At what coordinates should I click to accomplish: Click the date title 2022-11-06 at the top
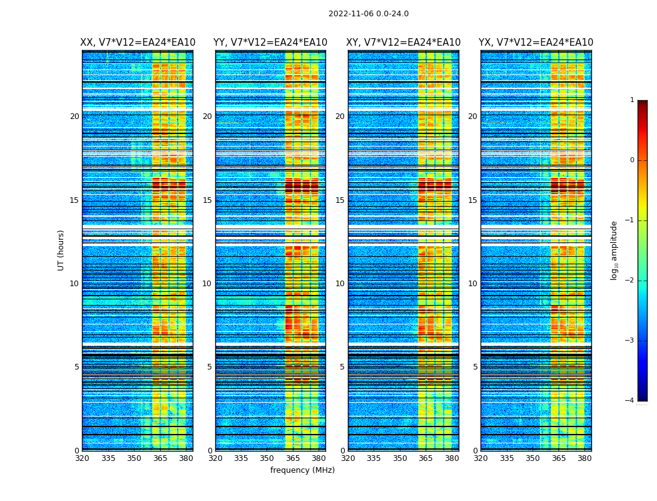(368, 14)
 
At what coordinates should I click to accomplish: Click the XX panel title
(138, 43)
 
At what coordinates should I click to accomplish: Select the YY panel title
(270, 43)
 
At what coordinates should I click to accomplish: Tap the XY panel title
(404, 43)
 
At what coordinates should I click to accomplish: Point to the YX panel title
(536, 43)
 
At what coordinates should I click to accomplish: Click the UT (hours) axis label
(61, 250)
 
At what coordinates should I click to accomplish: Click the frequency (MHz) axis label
(302, 470)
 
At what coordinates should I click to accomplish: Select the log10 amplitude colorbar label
(614, 250)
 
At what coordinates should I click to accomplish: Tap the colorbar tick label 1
(632, 100)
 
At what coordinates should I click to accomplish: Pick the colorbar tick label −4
(630, 401)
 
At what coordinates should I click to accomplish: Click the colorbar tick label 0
(632, 160)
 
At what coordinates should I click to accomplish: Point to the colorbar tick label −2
(630, 281)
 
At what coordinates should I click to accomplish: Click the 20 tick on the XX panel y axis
(74, 116)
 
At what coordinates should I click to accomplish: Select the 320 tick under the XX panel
(82, 458)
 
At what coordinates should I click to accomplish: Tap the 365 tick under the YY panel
(293, 458)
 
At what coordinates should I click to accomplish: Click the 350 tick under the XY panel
(400, 458)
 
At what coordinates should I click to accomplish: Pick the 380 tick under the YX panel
(584, 458)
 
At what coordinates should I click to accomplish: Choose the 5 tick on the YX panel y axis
(475, 367)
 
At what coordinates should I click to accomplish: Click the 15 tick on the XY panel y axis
(340, 200)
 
